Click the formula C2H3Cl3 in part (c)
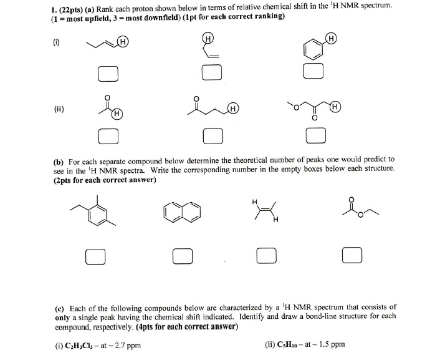click(87, 345)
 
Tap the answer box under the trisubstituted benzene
click(95, 256)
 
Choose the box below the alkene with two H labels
click(266, 256)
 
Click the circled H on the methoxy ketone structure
click(335, 107)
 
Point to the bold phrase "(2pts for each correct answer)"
click(104, 180)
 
